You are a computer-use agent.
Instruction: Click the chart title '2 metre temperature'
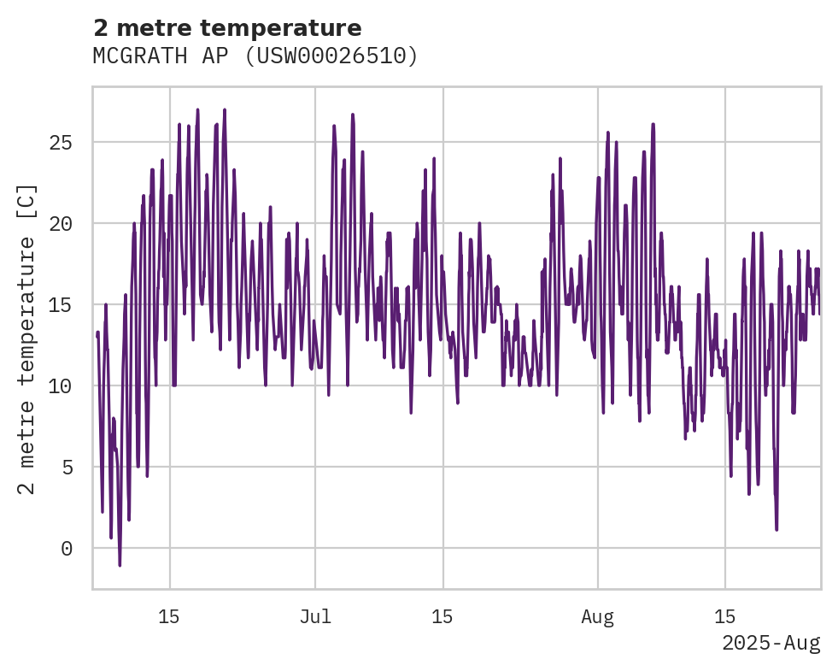(x=227, y=28)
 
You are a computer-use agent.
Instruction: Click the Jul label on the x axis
(x=315, y=617)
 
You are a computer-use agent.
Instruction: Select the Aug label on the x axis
(x=597, y=617)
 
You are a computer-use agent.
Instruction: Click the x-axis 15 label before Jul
(x=169, y=617)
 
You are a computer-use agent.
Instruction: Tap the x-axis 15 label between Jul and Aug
(x=442, y=617)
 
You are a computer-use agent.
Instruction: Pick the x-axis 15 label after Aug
(x=724, y=617)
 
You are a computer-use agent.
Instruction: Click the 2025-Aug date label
(x=771, y=643)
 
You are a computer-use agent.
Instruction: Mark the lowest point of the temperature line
(x=120, y=565)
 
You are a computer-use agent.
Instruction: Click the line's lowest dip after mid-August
(x=776, y=529)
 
